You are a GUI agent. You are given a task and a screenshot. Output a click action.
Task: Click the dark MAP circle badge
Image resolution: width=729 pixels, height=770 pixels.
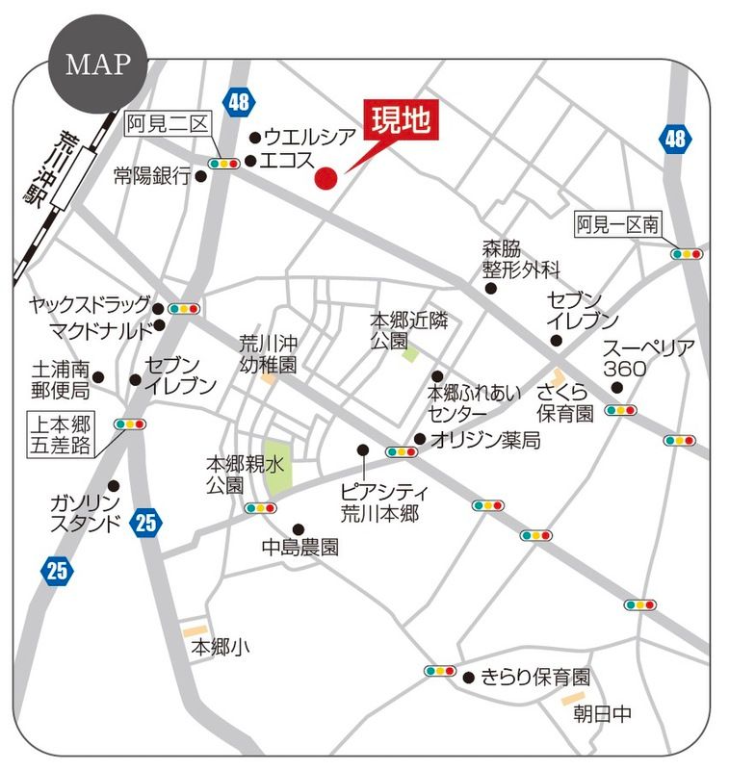97,64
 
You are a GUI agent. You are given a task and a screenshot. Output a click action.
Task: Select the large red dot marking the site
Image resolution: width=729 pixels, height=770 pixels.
326,178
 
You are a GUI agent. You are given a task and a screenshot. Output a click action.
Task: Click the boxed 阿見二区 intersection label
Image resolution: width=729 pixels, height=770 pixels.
167,124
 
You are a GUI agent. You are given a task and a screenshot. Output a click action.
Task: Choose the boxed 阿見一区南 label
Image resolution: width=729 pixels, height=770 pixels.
617,224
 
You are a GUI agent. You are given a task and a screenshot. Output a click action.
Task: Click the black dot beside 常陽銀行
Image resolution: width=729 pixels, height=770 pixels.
201,176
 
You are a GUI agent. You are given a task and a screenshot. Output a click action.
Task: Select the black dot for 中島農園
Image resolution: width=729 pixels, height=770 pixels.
299,527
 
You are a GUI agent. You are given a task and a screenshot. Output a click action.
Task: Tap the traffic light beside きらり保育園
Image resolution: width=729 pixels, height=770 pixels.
439,671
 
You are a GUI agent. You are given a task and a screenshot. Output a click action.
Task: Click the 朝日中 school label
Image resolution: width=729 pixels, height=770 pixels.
603,713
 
